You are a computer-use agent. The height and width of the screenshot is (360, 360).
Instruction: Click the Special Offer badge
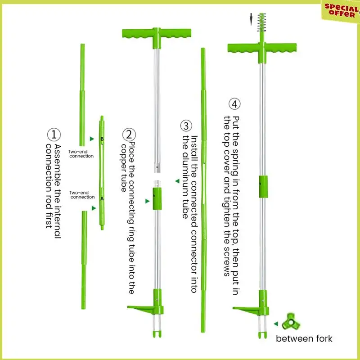(x=341, y=10)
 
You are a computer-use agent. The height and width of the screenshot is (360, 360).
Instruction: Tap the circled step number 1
(x=54, y=134)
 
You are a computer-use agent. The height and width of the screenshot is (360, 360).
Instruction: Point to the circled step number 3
(x=186, y=125)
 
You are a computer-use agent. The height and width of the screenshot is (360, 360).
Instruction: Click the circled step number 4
(x=234, y=104)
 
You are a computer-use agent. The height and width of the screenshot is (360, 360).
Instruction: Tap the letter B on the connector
(x=102, y=139)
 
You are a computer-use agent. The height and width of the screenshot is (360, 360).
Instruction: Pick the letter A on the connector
(x=102, y=198)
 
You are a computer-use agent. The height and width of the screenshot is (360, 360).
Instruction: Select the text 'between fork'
(x=304, y=338)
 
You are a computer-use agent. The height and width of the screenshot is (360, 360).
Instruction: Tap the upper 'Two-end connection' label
(x=81, y=154)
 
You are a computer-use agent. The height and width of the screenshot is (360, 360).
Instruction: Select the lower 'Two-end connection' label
(x=82, y=195)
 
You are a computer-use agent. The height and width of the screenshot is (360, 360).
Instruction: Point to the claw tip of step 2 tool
(x=157, y=333)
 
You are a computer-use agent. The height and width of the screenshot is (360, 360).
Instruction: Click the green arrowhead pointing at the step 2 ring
(x=147, y=202)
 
